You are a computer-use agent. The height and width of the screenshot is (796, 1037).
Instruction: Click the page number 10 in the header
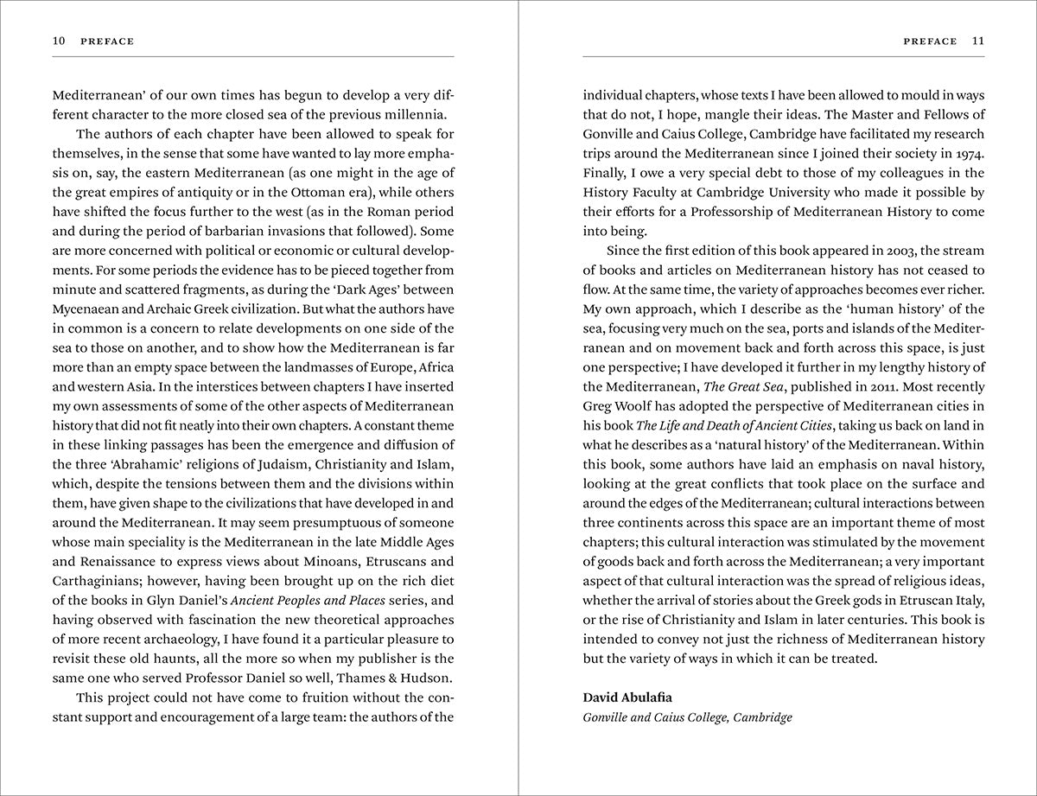[59, 41]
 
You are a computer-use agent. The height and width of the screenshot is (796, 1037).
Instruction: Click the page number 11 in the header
[978, 41]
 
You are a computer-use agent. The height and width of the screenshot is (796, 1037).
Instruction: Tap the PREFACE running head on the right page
[930, 41]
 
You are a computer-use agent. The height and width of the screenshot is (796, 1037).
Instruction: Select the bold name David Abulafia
[626, 697]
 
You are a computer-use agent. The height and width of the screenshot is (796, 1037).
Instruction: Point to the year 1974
[968, 153]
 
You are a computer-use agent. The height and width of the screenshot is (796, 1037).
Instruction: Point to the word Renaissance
[111, 561]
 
